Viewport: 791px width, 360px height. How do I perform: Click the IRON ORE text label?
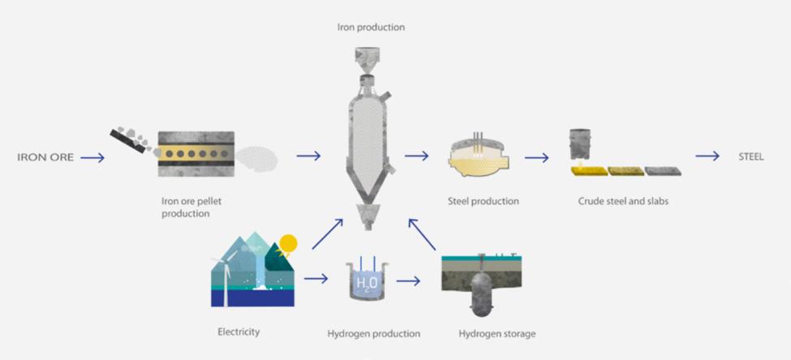tap(45, 157)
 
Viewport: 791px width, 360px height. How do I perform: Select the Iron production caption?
tap(371, 28)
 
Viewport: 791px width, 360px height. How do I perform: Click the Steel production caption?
tap(483, 200)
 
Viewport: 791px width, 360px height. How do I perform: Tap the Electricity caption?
tap(239, 331)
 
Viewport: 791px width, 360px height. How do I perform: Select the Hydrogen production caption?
tap(373, 332)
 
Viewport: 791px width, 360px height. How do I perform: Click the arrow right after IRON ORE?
tap(92, 157)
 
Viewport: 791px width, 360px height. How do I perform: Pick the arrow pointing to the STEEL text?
tap(707, 156)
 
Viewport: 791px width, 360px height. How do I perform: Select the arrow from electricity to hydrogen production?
tap(316, 280)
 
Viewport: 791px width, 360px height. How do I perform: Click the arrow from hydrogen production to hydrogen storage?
tap(409, 281)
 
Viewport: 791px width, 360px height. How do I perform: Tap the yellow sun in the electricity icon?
tap(288, 242)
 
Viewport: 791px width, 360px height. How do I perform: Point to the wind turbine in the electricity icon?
tap(221, 272)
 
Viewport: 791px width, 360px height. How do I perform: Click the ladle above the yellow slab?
tap(580, 144)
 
